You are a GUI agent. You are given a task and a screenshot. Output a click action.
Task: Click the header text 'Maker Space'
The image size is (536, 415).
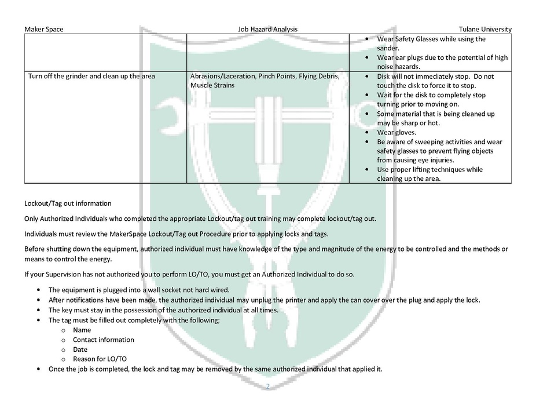[43, 30]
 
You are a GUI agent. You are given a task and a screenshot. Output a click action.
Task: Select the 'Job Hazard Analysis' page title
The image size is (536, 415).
[268, 30]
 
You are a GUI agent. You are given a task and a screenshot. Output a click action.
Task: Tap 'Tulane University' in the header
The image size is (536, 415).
[484, 30]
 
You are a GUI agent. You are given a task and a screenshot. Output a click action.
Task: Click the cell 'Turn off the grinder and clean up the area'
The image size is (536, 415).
[91, 77]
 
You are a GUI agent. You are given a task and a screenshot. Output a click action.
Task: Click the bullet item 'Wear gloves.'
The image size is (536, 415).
[397, 132]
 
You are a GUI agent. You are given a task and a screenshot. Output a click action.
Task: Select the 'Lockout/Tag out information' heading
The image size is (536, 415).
[68, 203]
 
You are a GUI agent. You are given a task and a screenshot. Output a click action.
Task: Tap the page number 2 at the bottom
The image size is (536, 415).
[268, 386]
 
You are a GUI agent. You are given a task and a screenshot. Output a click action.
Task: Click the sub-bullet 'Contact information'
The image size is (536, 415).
[103, 340]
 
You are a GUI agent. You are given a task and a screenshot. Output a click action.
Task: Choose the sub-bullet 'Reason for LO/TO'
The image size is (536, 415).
[100, 359]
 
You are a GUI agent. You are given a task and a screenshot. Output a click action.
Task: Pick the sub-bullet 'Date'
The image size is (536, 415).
[80, 350]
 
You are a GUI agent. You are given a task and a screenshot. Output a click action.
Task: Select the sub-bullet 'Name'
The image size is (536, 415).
[82, 330]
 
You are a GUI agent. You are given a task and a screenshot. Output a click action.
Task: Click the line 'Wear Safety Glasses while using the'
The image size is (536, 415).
[431, 39]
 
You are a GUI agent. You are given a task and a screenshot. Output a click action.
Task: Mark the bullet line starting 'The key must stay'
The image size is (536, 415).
[163, 310]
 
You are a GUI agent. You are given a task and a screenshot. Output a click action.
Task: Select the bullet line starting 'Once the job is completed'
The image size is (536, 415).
[215, 369]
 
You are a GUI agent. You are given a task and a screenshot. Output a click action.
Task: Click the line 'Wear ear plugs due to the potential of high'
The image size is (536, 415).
[442, 57]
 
